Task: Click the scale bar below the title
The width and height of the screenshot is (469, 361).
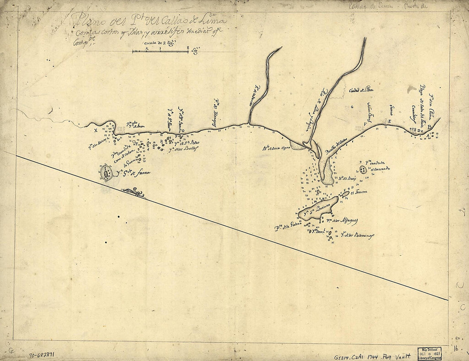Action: [x=160, y=51]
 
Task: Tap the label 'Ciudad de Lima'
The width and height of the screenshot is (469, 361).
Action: [x=361, y=90]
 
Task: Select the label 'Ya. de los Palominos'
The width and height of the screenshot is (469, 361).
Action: [x=357, y=236]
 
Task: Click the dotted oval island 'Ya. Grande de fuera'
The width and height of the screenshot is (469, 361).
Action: [x=105, y=174]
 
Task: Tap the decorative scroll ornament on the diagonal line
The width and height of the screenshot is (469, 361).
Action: [x=133, y=193]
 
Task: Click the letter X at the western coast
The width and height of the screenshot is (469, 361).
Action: [x=96, y=131]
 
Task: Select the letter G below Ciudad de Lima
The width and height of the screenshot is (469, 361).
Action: [x=352, y=108]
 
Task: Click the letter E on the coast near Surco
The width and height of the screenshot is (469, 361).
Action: [x=388, y=122]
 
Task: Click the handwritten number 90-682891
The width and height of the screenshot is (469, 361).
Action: [x=45, y=354]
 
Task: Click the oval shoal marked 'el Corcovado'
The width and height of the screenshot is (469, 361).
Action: [x=363, y=170]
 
